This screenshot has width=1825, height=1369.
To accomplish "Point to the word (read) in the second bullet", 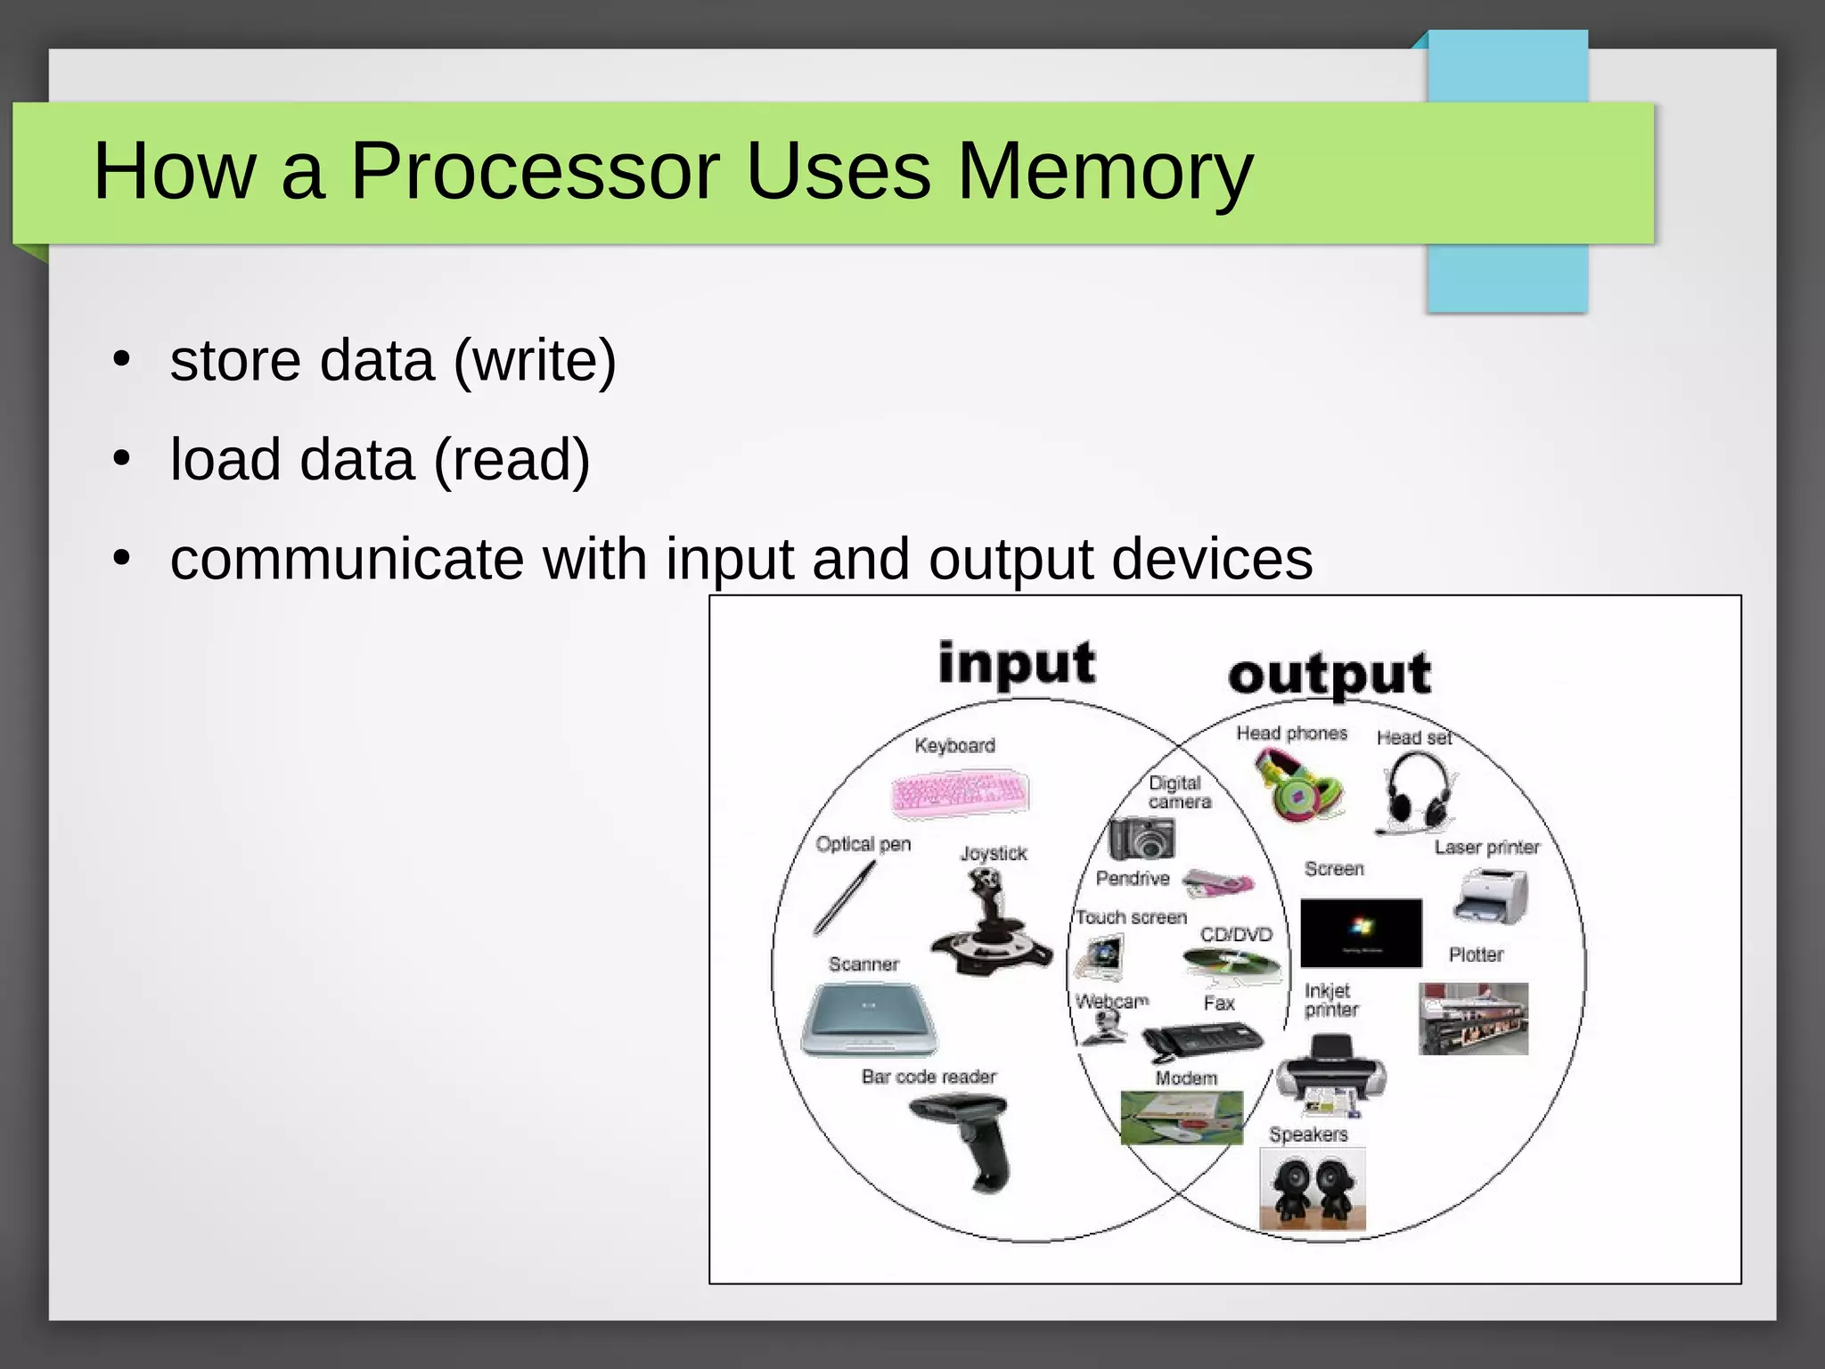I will click(x=511, y=460).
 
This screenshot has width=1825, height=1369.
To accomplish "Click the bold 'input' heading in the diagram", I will click(x=1016, y=664).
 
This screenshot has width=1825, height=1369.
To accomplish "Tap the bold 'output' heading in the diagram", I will click(x=1329, y=675).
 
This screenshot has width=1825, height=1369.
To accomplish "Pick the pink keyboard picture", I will click(x=960, y=792).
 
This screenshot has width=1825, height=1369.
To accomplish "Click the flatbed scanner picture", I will click(x=868, y=1021).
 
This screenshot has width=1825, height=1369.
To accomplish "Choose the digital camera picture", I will click(x=1142, y=838).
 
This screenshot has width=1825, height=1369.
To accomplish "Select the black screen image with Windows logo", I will click(x=1361, y=932).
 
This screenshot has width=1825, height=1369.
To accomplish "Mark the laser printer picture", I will click(x=1490, y=898).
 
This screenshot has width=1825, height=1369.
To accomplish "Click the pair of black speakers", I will click(x=1312, y=1189).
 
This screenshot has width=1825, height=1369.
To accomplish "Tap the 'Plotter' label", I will click(x=1475, y=955).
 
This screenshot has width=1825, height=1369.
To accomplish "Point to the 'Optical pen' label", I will click(x=863, y=844).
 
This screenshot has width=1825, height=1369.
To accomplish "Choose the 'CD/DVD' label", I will click(x=1236, y=935).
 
